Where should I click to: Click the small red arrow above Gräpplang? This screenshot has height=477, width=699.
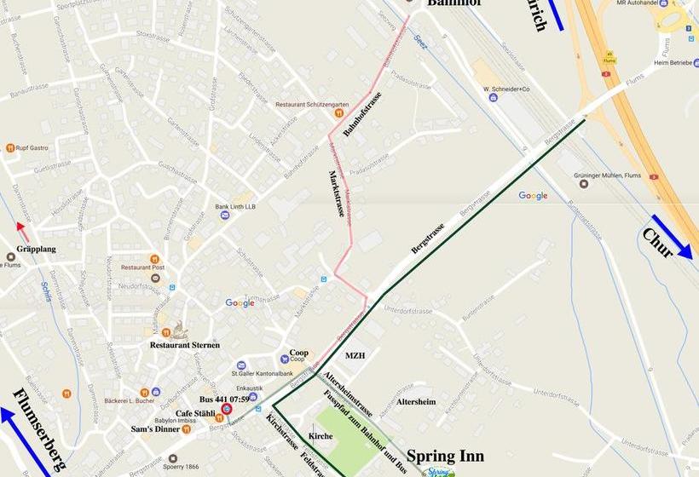click(x=22, y=231)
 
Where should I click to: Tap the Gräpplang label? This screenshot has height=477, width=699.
click(x=37, y=250)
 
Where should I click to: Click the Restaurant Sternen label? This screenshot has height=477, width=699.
click(x=185, y=345)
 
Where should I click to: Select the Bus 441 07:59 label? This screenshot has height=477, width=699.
click(x=223, y=399)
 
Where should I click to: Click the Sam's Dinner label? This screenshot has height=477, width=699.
click(x=180, y=429)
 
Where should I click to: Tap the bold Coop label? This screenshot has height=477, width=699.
click(x=298, y=352)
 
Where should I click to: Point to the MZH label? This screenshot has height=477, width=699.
click(x=355, y=355)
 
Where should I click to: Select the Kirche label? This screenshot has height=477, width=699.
click(x=321, y=436)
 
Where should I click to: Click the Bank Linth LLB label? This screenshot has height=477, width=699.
click(x=235, y=206)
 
